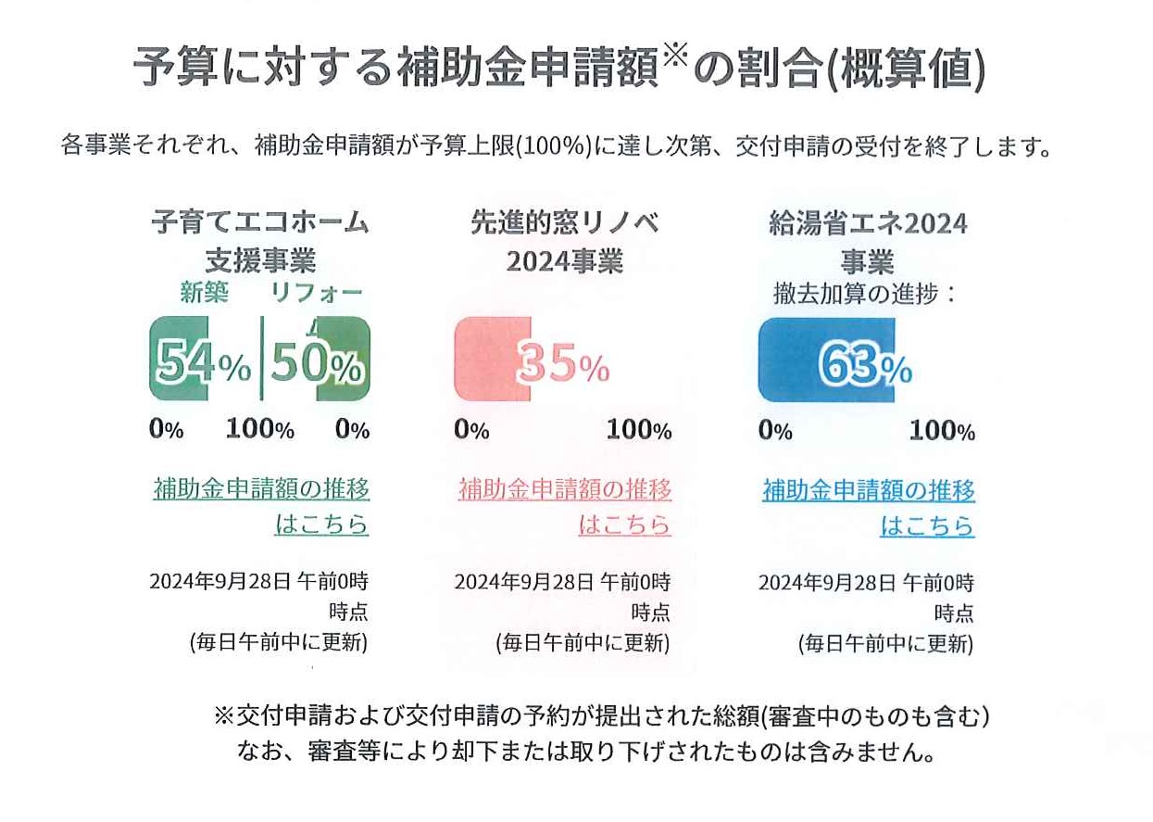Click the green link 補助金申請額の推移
click(261, 488)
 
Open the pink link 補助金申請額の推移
click(565, 488)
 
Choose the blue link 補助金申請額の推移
click(869, 489)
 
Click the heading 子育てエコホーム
click(260, 222)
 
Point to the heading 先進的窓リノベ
click(564, 222)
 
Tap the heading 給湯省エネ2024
click(868, 222)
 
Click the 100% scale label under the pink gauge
click(639, 430)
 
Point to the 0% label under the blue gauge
click(775, 431)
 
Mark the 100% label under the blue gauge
click(942, 431)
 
